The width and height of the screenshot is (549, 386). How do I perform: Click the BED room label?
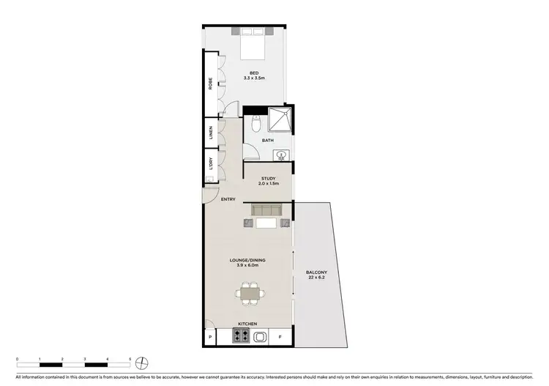click(253, 73)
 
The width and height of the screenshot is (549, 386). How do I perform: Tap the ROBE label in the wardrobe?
click(210, 84)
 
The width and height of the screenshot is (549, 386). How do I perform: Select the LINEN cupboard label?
click(210, 133)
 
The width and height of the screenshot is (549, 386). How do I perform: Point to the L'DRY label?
click(210, 166)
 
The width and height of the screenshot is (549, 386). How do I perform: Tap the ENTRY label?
click(228, 199)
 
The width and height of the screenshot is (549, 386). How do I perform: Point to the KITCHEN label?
click(247, 323)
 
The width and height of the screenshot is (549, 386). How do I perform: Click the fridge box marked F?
click(279, 337)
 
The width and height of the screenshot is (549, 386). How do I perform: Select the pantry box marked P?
click(210, 337)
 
